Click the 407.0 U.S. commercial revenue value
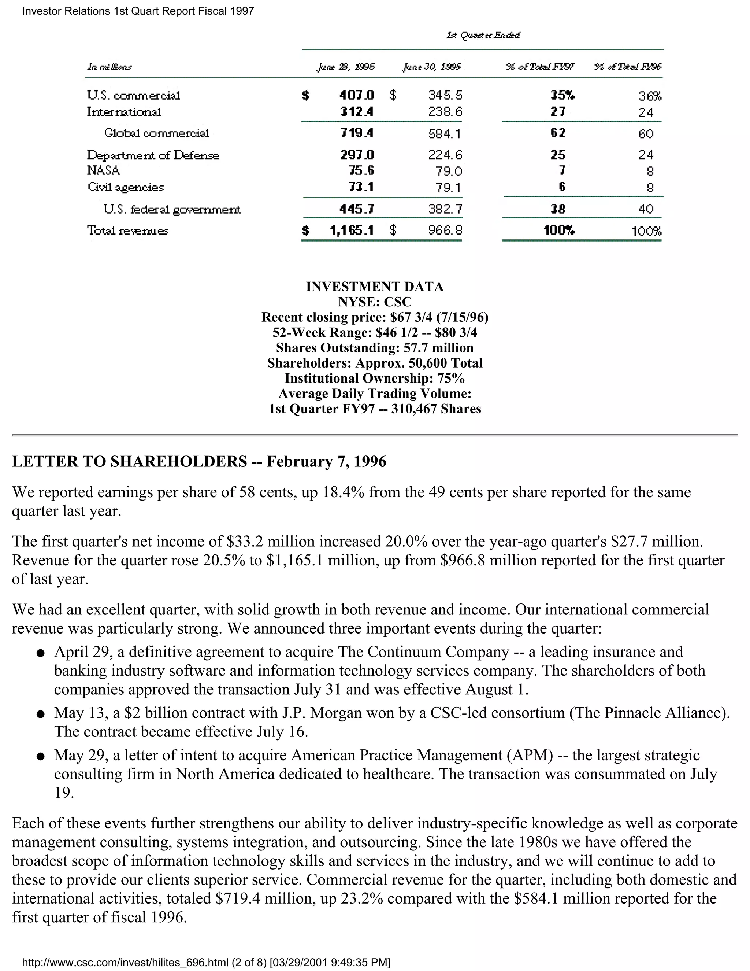[356, 95]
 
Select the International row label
[124, 112]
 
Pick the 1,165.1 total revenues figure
[352, 230]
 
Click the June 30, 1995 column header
[431, 67]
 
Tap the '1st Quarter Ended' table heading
[483, 35]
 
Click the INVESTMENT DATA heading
[375, 286]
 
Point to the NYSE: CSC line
[375, 302]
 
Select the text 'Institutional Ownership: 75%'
[375, 379]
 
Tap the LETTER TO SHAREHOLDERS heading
[129, 461]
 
